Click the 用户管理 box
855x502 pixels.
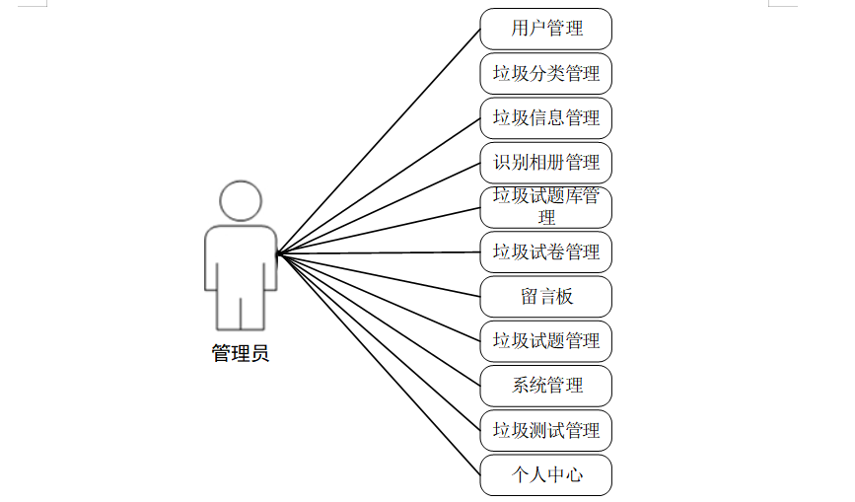point(545,29)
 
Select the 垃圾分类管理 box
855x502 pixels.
point(545,73)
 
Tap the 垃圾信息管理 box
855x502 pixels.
point(545,117)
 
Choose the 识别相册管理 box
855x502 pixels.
point(545,163)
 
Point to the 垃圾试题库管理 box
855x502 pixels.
point(545,207)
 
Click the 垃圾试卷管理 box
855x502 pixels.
point(545,251)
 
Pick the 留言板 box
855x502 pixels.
point(545,296)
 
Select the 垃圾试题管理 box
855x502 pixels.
point(545,341)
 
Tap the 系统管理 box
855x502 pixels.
point(545,386)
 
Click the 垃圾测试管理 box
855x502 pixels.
point(545,430)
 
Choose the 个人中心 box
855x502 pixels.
point(545,474)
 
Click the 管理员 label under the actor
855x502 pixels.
point(240,353)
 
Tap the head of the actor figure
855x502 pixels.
point(240,200)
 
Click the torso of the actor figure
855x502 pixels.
point(240,256)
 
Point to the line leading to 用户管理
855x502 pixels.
point(379,141)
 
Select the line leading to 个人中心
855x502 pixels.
point(379,364)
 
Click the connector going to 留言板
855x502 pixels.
point(379,274)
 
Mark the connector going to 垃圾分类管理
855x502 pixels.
point(379,164)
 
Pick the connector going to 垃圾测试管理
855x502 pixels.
point(379,342)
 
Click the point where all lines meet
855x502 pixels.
point(278,253)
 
